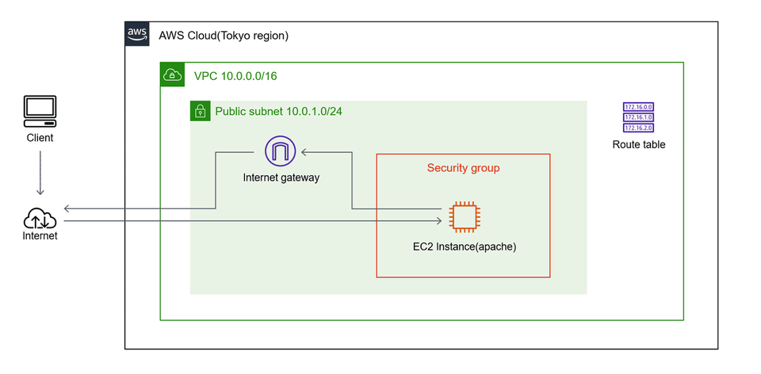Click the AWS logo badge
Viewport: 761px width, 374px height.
coord(137,34)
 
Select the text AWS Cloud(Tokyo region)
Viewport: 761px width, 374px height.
coord(224,36)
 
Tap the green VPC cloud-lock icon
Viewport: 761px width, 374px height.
coord(172,75)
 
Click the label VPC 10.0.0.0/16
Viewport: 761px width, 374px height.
coord(235,76)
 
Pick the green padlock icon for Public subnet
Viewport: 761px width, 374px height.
coord(201,111)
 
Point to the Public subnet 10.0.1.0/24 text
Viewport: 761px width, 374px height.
coord(279,112)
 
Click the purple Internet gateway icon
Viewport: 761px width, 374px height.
coord(280,150)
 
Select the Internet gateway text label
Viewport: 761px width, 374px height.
coord(281,177)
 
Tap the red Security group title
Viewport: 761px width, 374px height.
coord(463,168)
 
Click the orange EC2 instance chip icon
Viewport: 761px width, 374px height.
coord(463,216)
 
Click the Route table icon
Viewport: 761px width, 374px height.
coord(638,117)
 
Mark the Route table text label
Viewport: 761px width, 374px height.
coord(638,145)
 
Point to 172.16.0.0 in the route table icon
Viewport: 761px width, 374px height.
coord(638,107)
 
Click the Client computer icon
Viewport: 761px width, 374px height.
coord(40,112)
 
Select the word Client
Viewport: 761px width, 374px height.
coord(40,138)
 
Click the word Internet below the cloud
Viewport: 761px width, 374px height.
coord(40,235)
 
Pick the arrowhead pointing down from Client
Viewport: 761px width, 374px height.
coord(40,191)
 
